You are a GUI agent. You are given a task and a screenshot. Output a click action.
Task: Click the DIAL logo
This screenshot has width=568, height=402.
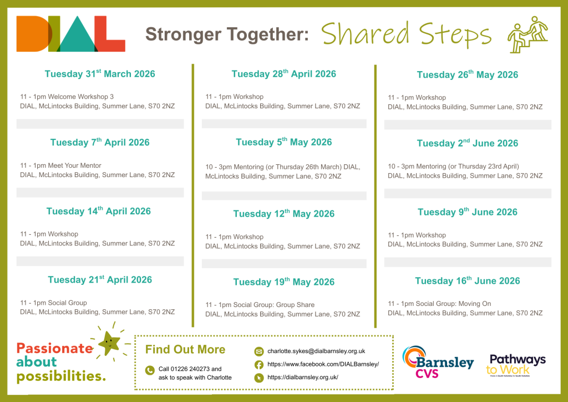[70, 34]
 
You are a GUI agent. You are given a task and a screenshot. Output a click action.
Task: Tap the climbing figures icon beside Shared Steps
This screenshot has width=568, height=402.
[528, 35]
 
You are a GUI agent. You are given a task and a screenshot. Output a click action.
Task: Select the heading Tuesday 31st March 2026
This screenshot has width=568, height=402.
[100, 74]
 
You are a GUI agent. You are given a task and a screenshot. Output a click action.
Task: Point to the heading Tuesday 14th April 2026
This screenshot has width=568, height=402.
[99, 211]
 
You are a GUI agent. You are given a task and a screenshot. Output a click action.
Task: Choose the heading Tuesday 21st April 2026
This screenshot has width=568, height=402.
[100, 279]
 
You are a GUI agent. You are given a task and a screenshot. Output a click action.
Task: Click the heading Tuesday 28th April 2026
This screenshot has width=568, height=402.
[284, 74]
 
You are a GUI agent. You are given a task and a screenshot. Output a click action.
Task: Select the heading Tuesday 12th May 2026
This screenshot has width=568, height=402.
[284, 214]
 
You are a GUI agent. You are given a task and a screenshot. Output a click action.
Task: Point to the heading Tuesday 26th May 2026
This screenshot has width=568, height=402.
[468, 74]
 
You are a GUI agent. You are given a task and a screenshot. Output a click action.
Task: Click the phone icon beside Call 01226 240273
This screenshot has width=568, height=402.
[150, 370]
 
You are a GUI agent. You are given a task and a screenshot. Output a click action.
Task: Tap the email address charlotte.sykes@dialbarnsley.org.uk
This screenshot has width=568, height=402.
[316, 351]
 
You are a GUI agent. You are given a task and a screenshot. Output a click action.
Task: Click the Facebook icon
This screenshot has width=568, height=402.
[258, 364]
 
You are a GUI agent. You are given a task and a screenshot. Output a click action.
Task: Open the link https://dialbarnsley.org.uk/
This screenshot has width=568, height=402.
[303, 378]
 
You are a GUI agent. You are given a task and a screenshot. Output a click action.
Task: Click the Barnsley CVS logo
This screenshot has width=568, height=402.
[438, 362]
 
